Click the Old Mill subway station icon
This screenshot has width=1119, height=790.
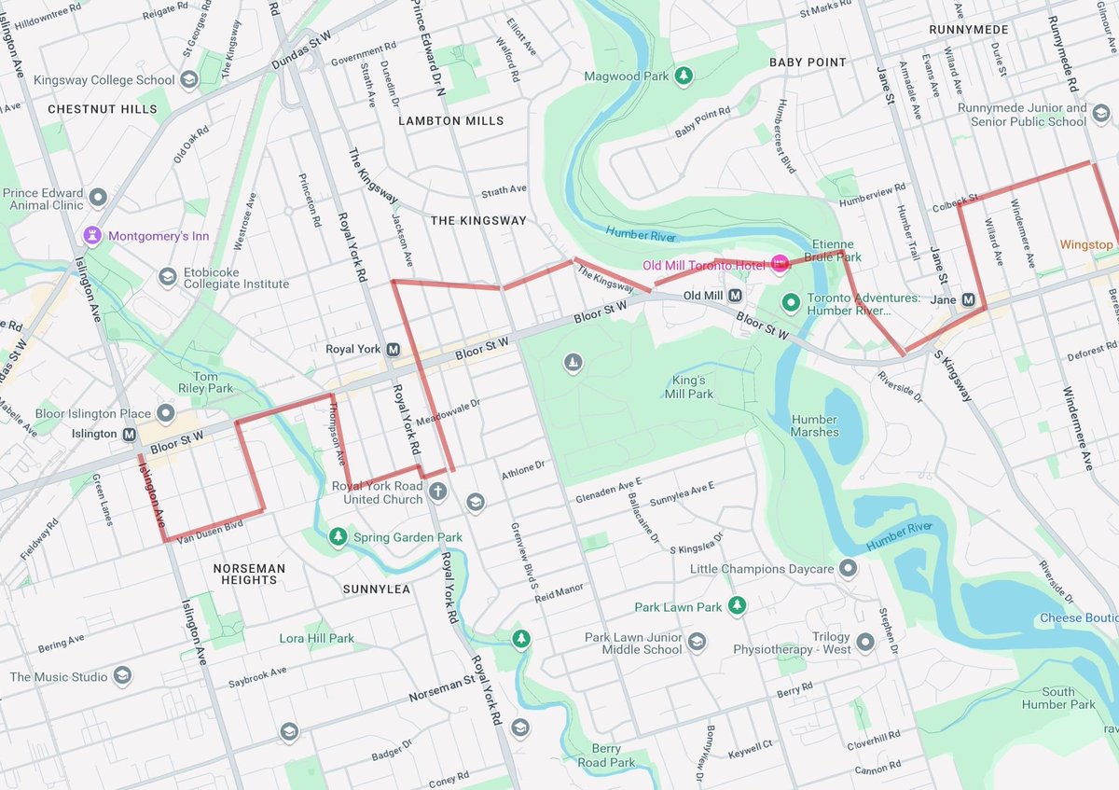(x=735, y=296)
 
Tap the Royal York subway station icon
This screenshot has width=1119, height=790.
(x=393, y=350)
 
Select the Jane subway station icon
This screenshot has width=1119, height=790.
(x=968, y=300)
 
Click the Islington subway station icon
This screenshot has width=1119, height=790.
(x=129, y=434)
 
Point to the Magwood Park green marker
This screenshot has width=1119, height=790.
(x=684, y=76)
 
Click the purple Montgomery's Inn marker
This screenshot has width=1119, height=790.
(x=92, y=235)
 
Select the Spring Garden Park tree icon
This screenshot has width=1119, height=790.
(x=337, y=537)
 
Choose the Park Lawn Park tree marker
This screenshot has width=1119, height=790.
(x=738, y=606)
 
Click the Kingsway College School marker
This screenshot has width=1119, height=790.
(x=189, y=80)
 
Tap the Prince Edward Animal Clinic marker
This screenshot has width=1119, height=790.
(x=98, y=198)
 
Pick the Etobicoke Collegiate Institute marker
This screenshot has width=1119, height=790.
(x=167, y=276)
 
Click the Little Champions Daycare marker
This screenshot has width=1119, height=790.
(x=848, y=568)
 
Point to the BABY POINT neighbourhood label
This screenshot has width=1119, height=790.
(x=808, y=62)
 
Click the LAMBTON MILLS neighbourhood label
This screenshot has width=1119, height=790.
(x=450, y=121)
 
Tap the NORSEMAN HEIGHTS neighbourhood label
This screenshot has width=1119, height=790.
(x=249, y=574)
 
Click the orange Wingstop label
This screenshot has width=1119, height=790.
(x=1086, y=244)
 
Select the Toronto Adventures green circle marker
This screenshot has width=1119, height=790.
(x=791, y=302)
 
